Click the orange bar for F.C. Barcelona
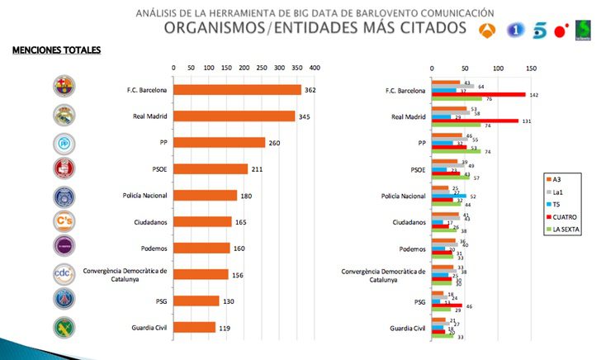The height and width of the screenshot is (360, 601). click(237, 89)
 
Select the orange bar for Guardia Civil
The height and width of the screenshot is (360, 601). click(194, 327)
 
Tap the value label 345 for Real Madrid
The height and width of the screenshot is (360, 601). click(304, 116)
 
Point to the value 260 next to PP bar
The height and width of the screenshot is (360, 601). click(274, 143)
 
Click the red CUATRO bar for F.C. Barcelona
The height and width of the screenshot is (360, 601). click(479, 95)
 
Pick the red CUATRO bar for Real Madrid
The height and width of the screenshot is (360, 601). click(476, 121)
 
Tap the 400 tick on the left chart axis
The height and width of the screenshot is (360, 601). click(315, 68)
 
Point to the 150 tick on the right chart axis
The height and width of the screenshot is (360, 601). click(531, 68)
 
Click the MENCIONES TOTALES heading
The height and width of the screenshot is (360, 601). click(56, 51)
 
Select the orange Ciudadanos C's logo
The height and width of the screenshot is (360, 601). click(64, 221)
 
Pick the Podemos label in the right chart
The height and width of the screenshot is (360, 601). click(408, 249)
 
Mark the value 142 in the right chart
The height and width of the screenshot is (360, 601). click(533, 95)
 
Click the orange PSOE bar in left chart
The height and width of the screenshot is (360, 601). click(211, 169)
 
